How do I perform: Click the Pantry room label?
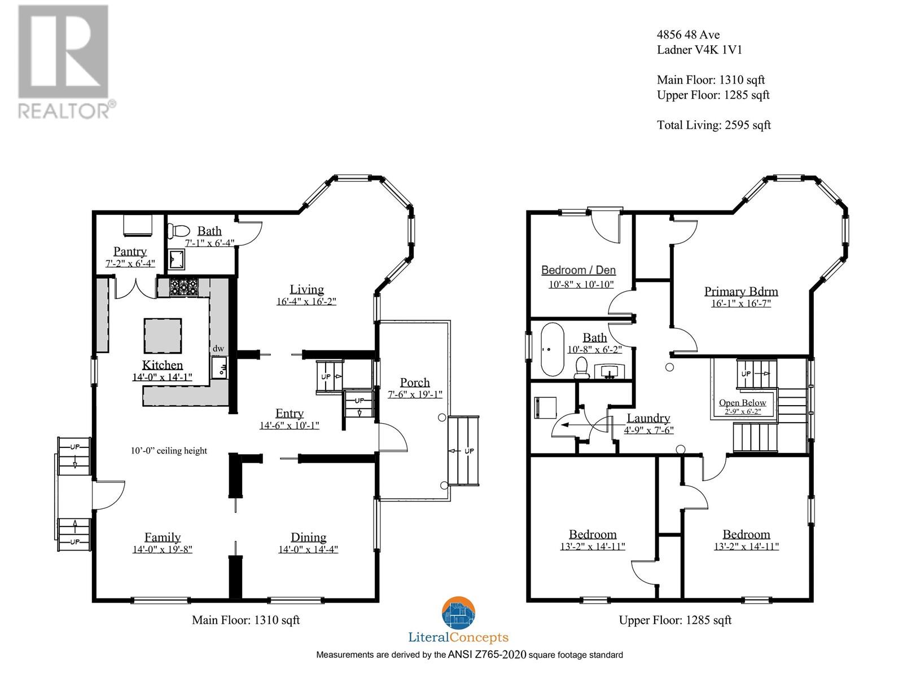click(130, 250)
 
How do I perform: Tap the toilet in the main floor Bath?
click(178, 231)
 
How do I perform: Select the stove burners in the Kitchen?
click(184, 287)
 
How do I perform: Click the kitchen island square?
click(163, 336)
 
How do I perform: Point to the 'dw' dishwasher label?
click(218, 348)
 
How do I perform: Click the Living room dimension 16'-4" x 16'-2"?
click(306, 301)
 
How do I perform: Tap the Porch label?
click(415, 383)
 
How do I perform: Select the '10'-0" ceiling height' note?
click(169, 451)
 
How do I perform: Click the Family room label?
click(163, 537)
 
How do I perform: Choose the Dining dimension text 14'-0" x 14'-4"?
click(308, 549)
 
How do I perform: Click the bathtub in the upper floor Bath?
click(551, 349)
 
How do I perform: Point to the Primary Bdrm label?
click(741, 291)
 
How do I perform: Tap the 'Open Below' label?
click(743, 402)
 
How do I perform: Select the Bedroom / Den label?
click(578, 270)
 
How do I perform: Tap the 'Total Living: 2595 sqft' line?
click(713, 125)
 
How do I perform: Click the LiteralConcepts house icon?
click(458, 613)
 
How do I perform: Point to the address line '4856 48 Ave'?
click(688, 34)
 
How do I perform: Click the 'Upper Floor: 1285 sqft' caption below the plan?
click(675, 620)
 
